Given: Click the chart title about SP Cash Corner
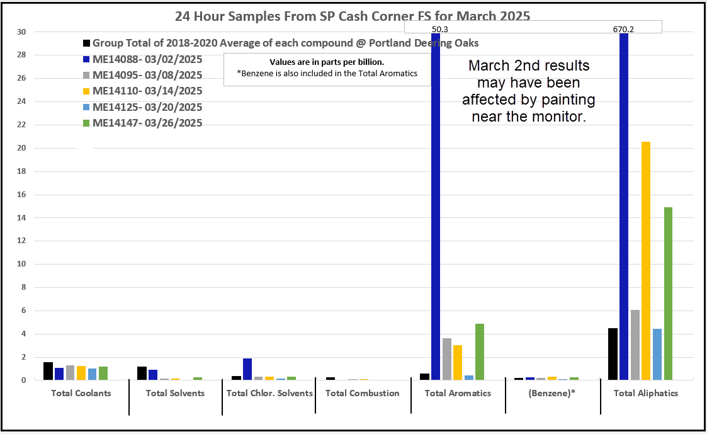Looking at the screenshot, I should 353,15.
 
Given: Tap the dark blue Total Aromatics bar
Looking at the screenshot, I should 436,208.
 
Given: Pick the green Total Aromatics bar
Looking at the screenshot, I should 480,351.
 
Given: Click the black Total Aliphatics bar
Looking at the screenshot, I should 613,354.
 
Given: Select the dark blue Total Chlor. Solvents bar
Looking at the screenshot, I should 247,369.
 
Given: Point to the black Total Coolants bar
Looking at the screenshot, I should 48,371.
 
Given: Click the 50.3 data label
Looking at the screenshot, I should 439,29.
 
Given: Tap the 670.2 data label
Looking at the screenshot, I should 623,29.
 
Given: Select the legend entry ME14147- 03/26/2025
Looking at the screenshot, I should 147,123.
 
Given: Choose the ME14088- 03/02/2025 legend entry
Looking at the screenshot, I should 147,59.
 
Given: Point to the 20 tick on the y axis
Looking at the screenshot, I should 22,149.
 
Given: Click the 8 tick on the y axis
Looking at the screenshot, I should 24,288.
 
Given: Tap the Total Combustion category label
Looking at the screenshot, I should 363,393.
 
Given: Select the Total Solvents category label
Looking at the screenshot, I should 175,393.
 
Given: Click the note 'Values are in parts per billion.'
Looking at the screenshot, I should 327,62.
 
